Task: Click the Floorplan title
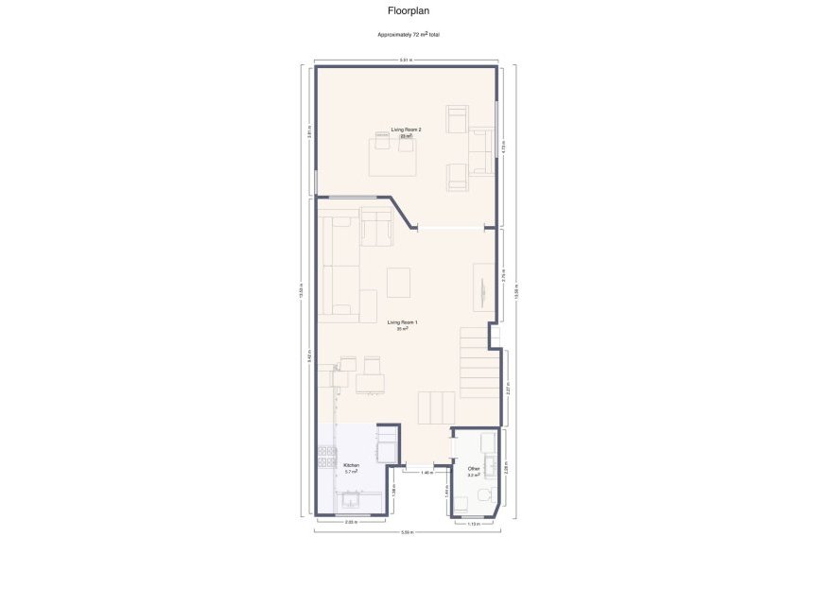tap(409, 11)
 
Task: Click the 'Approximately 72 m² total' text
tap(409, 35)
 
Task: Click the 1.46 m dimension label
tap(426, 472)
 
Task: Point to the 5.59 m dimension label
tap(407, 532)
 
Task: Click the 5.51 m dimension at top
tap(405, 61)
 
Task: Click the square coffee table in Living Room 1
tap(399, 282)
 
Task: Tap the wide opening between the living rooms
tap(450, 227)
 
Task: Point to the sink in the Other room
tap(488, 442)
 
